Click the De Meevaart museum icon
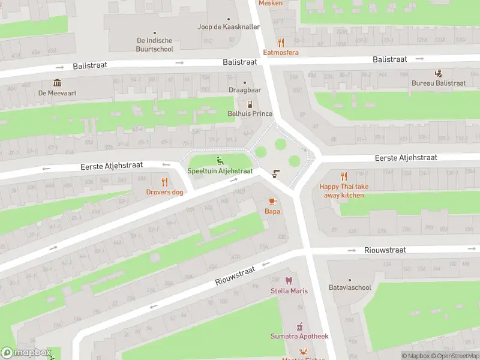tap(57, 82)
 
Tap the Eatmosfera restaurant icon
tap(281, 43)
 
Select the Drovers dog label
tap(164, 192)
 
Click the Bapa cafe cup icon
tap(272, 201)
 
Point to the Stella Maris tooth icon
tap(289, 281)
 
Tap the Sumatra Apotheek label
tap(299, 337)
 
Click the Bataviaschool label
tap(350, 287)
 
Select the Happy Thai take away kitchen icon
tap(344, 176)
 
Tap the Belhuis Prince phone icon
tap(250, 104)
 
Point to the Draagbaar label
tap(245, 90)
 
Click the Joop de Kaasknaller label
tap(229, 27)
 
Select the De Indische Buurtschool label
tap(155, 45)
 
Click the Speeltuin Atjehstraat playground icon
tap(220, 160)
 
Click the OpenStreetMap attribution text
tap(454, 356)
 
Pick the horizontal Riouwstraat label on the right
tap(385, 250)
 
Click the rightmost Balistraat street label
tap(389, 59)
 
